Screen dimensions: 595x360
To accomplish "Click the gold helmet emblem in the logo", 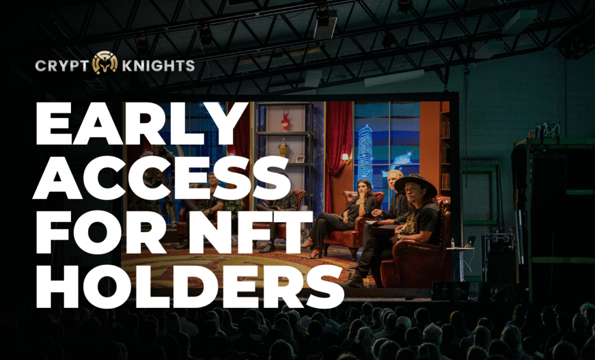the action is [105, 63].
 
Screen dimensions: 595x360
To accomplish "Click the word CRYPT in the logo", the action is [62, 66].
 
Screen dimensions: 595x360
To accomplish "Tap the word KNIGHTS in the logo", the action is [158, 66].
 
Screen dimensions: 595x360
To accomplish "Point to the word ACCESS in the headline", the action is [162, 178].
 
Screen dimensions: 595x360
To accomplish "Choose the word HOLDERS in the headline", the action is [190, 286].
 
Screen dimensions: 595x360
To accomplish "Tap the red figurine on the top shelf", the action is [285, 120].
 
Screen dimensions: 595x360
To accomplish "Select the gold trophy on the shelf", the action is [283, 147].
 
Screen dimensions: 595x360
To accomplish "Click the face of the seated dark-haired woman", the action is [361, 188].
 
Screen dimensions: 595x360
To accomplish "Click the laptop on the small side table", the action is [469, 242].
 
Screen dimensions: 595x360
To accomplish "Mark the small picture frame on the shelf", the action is [300, 159].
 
